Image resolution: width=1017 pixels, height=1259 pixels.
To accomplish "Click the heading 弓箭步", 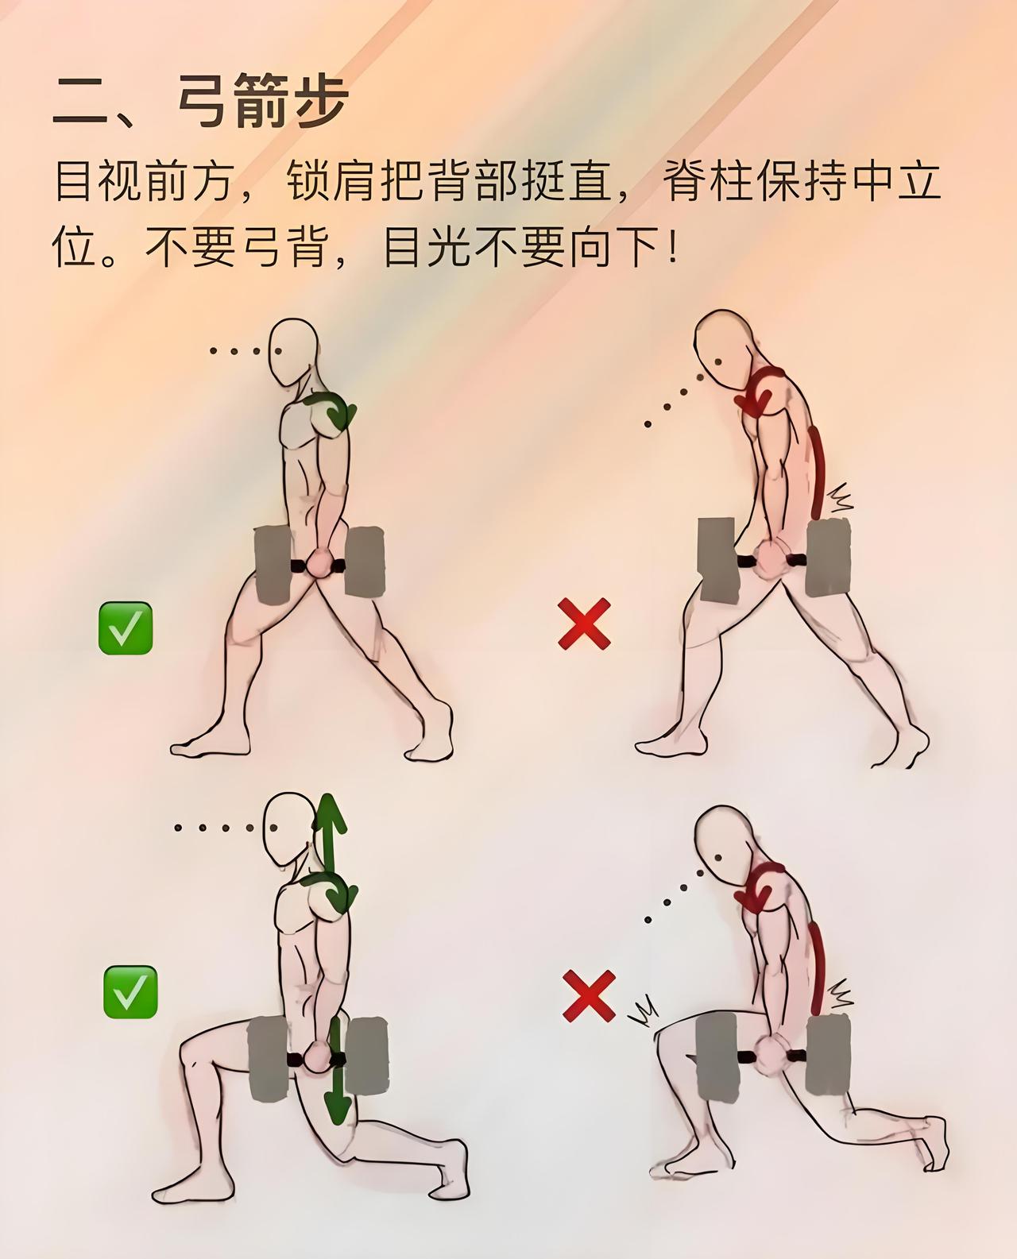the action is [263, 101].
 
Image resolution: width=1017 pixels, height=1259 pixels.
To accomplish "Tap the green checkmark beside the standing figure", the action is [126, 628].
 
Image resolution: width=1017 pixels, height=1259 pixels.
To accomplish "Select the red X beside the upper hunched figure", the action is [584, 624].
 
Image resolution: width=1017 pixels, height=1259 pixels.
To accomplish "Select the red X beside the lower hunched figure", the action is [590, 995].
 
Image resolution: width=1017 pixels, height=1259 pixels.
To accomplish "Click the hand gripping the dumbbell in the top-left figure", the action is [320, 562].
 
